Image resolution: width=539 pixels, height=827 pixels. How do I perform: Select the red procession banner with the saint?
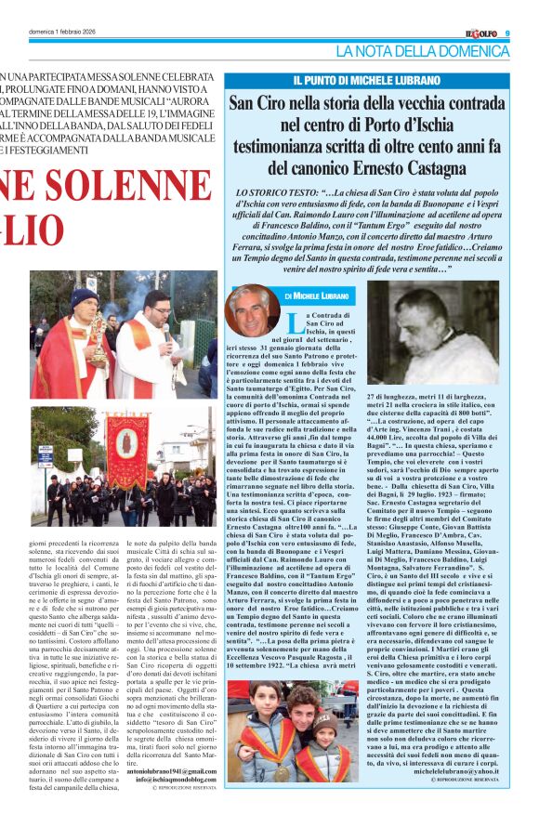[126, 453]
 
